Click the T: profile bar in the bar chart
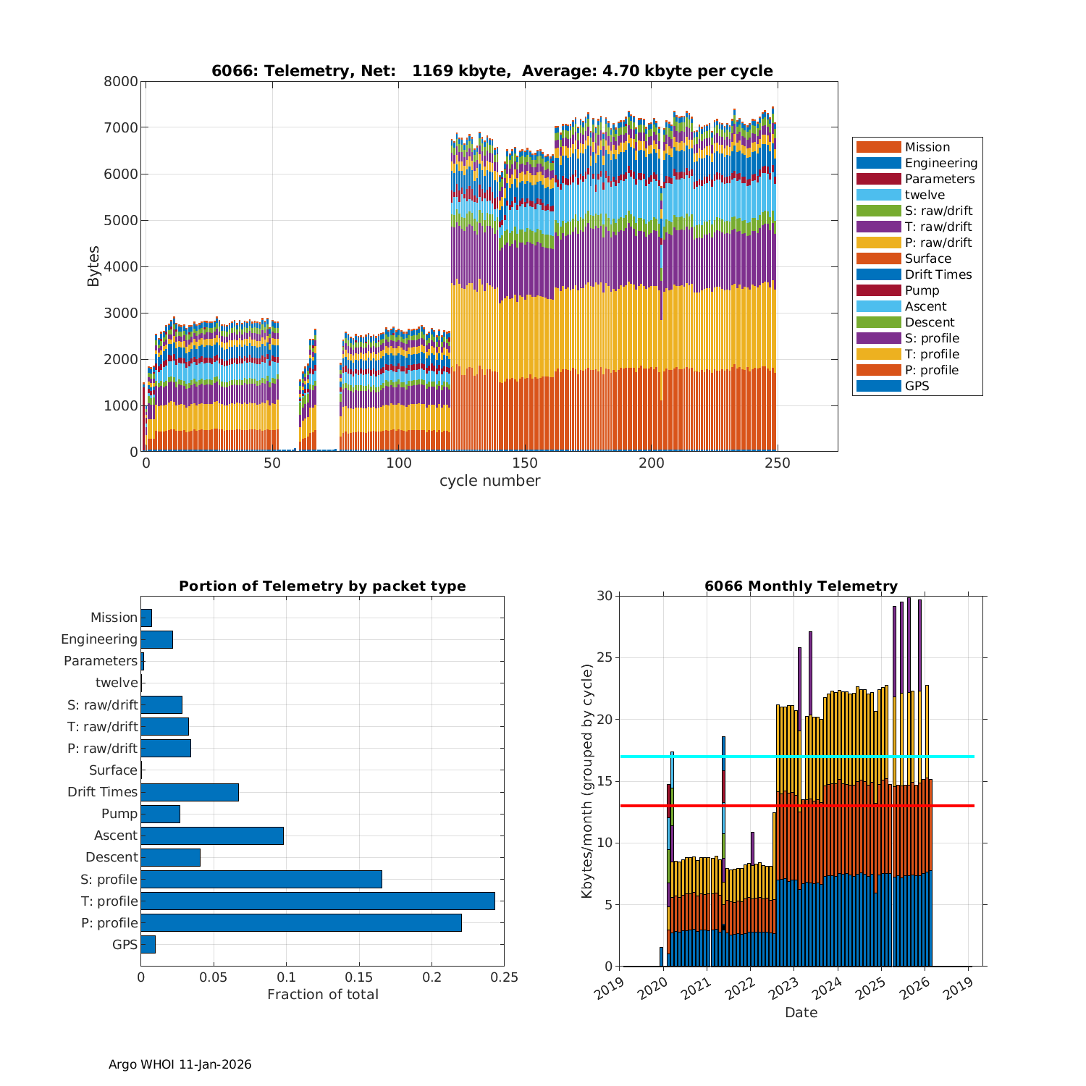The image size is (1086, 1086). [x=317, y=901]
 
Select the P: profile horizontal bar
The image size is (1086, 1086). [x=300, y=922]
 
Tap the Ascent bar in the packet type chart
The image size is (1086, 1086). [x=211, y=835]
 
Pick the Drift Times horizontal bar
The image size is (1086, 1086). [x=189, y=792]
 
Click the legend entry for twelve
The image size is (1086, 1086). [x=925, y=195]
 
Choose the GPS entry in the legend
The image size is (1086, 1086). [x=917, y=386]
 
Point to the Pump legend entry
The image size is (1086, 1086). [x=922, y=290]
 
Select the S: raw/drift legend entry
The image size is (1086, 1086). [x=938, y=211]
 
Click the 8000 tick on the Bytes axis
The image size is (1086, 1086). [x=121, y=81]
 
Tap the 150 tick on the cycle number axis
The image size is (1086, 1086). [x=524, y=463]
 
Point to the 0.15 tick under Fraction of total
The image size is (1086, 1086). [x=359, y=977]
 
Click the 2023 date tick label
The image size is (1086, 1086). [x=787, y=986]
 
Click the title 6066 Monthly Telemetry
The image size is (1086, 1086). [x=801, y=586]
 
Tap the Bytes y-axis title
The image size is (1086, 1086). [x=93, y=266]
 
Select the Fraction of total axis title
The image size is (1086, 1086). [x=322, y=994]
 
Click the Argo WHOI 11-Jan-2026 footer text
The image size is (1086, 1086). [x=180, y=1064]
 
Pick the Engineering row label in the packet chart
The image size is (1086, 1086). [x=99, y=639]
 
